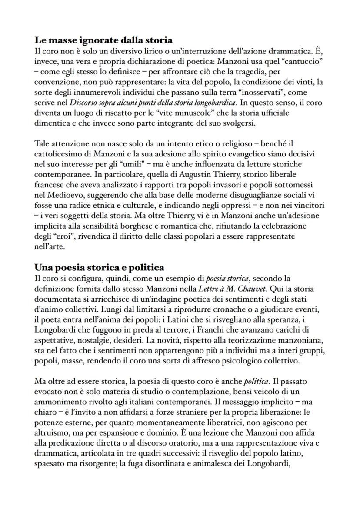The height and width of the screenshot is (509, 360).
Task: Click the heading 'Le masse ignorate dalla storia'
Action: (x=103, y=40)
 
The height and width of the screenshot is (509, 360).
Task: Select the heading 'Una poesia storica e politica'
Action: (x=99, y=267)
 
